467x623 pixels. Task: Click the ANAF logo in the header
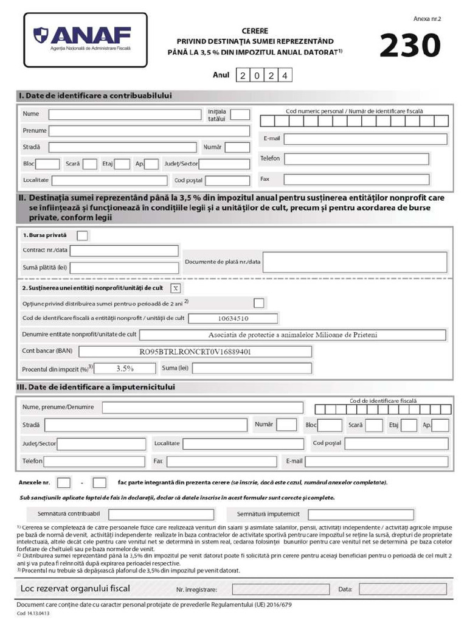(x=85, y=39)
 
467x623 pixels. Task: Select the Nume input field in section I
(x=125, y=114)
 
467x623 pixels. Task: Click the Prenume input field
(x=149, y=131)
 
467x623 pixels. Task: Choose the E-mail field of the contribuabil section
(x=365, y=139)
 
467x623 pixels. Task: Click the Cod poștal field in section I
(x=227, y=181)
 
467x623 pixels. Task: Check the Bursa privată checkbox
(x=82, y=235)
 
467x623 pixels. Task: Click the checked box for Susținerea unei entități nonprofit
(x=175, y=288)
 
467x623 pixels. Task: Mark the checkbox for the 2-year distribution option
(x=259, y=303)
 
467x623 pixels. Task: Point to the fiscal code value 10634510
(x=233, y=318)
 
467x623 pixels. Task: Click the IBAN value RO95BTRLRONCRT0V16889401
(x=195, y=352)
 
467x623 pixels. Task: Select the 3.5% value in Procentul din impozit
(x=125, y=368)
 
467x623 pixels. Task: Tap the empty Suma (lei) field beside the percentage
(x=252, y=368)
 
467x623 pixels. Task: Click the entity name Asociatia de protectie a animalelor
(x=292, y=335)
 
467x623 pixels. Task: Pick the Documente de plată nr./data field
(x=355, y=262)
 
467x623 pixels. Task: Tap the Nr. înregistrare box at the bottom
(x=273, y=589)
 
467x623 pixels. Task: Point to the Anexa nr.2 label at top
(x=427, y=19)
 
